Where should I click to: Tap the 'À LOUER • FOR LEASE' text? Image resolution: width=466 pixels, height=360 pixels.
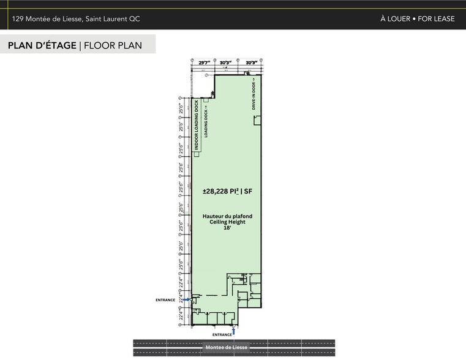click(x=417, y=19)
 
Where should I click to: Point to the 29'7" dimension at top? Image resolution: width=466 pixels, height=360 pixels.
click(x=205, y=62)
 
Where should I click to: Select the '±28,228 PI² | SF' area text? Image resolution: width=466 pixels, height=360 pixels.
click(x=227, y=192)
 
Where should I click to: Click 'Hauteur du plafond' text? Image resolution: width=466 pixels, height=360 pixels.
click(x=227, y=216)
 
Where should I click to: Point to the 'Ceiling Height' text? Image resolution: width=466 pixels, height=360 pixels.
click(x=227, y=222)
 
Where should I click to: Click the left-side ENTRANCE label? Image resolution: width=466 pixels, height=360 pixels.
click(x=165, y=300)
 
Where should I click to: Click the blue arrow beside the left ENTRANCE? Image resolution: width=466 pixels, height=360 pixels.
click(x=179, y=300)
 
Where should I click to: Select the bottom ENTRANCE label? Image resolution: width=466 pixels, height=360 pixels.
click(x=222, y=335)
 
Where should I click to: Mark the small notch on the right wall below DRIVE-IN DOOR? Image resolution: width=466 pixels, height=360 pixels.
click(x=258, y=121)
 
